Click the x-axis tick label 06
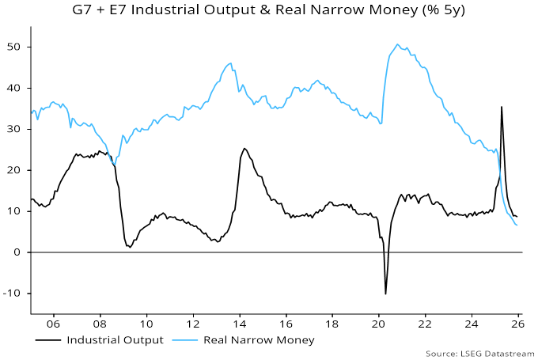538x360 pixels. (x=54, y=324)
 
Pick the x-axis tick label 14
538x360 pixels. (x=240, y=324)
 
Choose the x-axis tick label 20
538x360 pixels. (x=378, y=324)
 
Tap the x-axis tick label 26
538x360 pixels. (x=517, y=324)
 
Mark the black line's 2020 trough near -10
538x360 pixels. (x=385, y=294)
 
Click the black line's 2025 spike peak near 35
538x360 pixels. (x=501, y=107)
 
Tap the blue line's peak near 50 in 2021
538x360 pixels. (x=397, y=44)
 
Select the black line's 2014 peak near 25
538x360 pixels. (x=244, y=148)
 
